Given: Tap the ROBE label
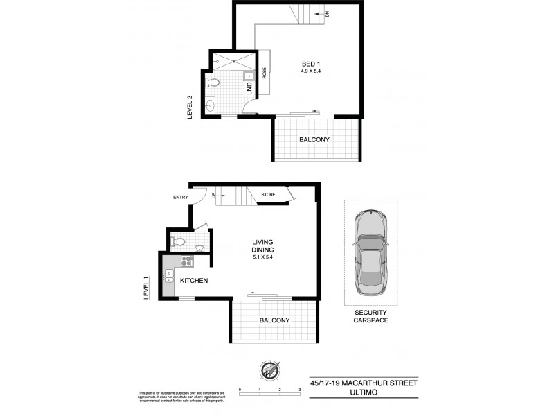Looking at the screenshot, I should (265, 74).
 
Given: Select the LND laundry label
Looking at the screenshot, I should (249, 88).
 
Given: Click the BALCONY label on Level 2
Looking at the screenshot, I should (314, 140).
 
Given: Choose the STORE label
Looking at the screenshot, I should (268, 195).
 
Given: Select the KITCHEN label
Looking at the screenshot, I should (195, 281).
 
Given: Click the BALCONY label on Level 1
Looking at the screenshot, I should (274, 320).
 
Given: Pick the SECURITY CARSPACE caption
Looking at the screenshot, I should (370, 316).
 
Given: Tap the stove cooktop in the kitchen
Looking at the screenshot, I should (186, 262).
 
